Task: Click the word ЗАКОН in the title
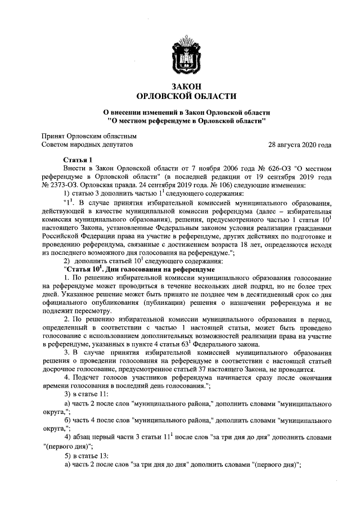click(x=180, y=86)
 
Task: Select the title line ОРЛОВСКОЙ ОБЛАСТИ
click(x=180, y=96)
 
